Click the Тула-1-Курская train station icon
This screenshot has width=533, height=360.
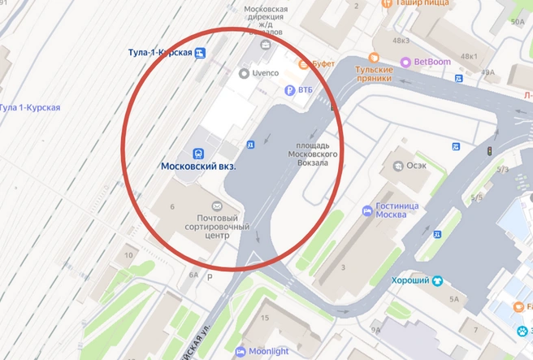(x=201, y=54)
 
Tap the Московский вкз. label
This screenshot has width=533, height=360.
(x=199, y=167)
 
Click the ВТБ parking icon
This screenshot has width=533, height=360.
(x=288, y=90)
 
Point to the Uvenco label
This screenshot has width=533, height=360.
(x=265, y=73)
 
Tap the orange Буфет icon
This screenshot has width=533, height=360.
(x=304, y=64)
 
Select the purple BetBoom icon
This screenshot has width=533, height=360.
(x=405, y=62)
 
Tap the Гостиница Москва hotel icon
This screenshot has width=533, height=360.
(x=367, y=211)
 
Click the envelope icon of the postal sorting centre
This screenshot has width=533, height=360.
(x=217, y=206)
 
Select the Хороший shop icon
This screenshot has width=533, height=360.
(x=438, y=281)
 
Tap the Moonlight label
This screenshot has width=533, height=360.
(x=273, y=352)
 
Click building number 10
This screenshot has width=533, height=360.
(x=128, y=256)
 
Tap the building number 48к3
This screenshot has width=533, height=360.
(x=401, y=40)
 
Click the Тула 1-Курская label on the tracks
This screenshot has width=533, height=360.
(x=30, y=107)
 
